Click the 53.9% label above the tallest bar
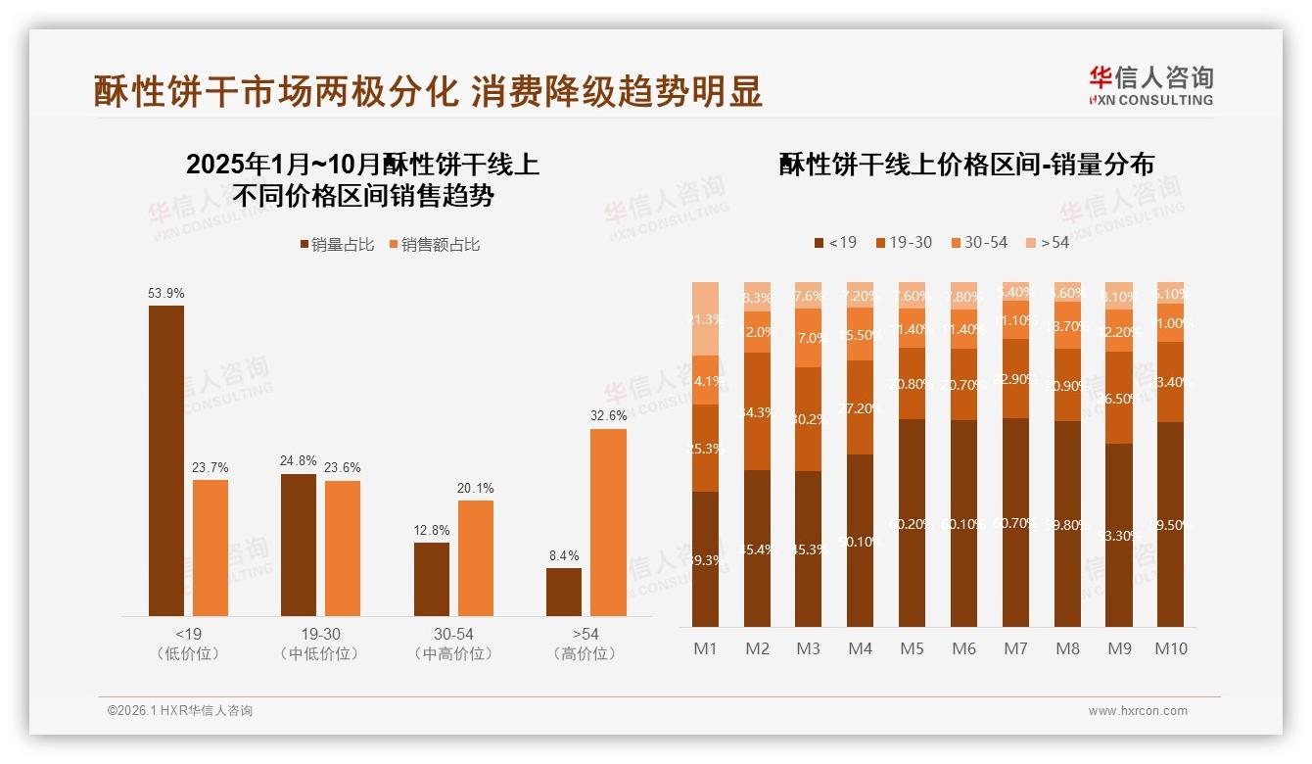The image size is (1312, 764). point(165,293)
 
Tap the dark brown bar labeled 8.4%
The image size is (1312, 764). point(564,592)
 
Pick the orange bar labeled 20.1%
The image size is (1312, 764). point(476,558)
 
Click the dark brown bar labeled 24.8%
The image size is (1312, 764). point(299,545)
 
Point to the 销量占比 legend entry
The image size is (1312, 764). point(337,245)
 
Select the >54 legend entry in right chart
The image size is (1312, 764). point(1047,242)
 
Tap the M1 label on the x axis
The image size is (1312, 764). point(705,648)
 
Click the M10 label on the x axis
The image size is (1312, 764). point(1170,648)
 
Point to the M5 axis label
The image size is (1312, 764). point(912,648)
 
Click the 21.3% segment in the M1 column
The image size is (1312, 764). point(705,318)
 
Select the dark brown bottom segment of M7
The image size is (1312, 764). point(1015,522)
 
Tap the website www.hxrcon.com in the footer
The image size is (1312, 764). point(1138,711)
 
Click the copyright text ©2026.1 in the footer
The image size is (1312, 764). point(180,711)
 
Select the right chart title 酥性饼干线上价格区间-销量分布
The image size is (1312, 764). point(966,165)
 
